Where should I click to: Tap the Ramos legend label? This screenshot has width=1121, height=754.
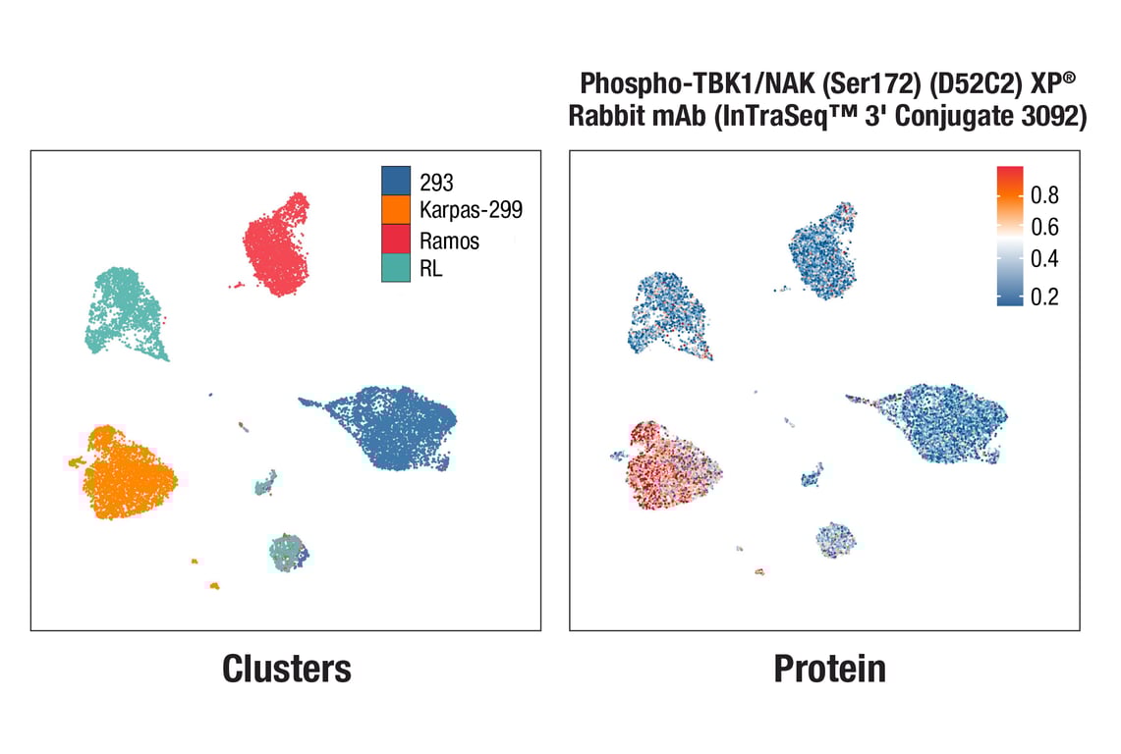449,240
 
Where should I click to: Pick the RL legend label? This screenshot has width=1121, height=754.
430,268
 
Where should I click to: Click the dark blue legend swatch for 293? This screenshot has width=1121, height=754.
396,182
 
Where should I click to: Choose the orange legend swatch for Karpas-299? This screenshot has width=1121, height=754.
396,210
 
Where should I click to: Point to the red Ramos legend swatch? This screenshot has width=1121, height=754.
396,239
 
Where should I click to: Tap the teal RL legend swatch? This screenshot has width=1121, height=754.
396,267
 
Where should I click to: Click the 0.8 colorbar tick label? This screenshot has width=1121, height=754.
1044,194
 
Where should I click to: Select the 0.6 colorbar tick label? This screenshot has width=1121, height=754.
1044,228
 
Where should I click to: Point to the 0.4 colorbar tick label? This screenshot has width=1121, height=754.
1044,260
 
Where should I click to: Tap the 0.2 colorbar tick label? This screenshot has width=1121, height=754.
1044,297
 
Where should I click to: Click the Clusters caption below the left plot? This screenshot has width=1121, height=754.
286,669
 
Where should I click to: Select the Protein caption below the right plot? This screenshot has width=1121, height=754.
829,669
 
